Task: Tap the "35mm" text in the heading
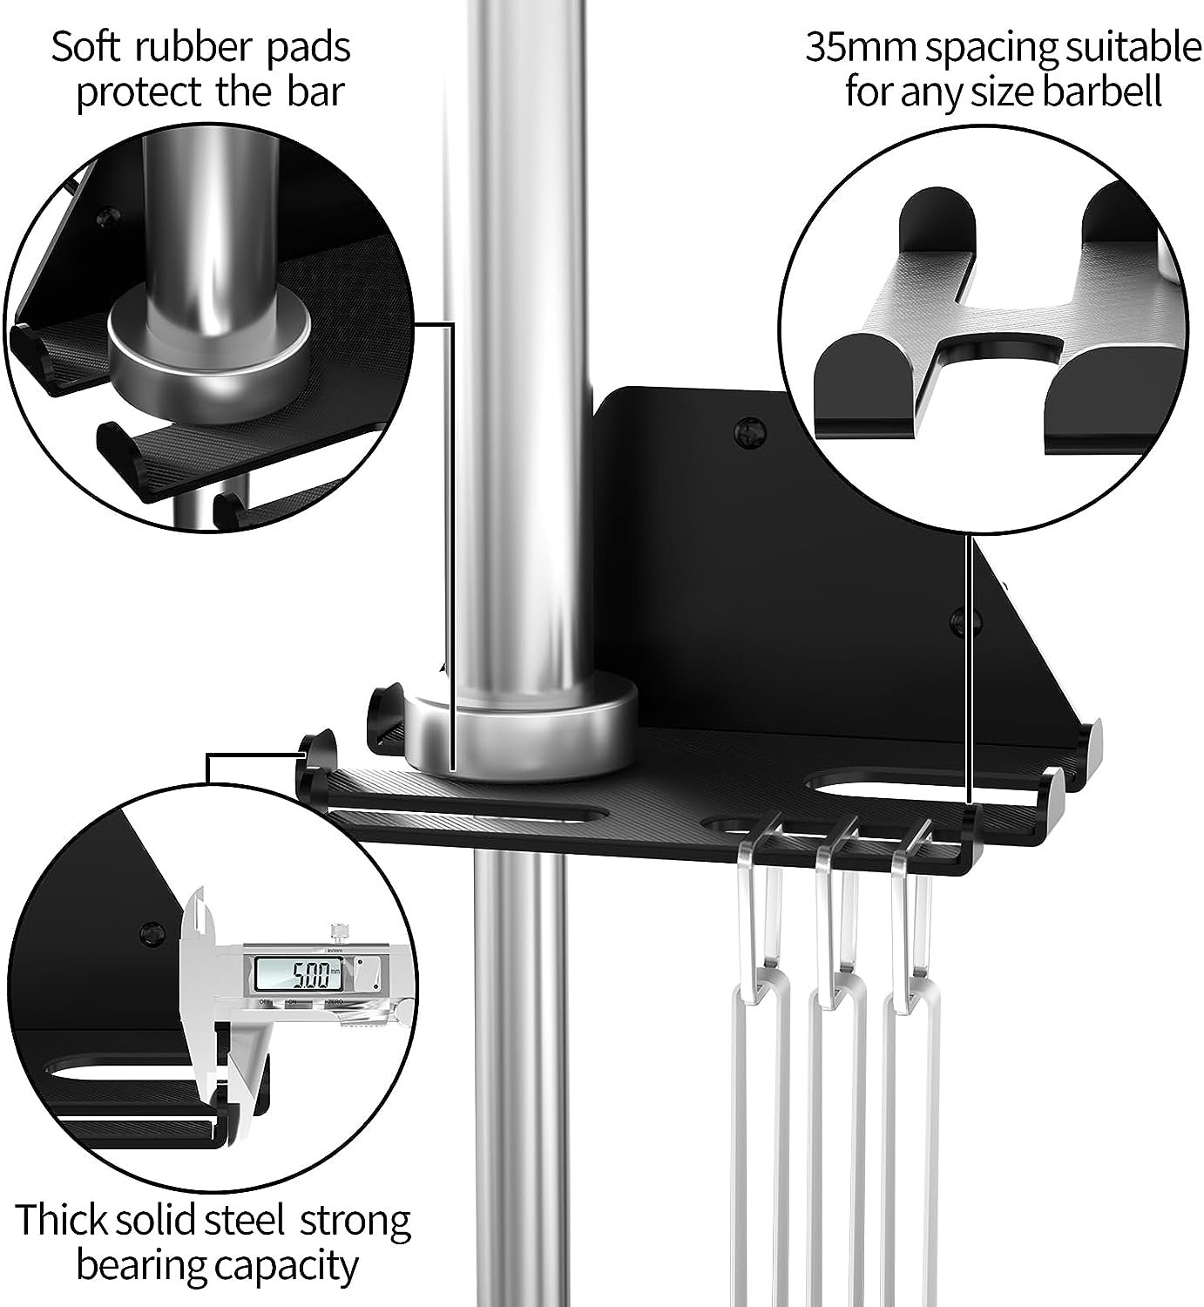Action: point(861,47)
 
